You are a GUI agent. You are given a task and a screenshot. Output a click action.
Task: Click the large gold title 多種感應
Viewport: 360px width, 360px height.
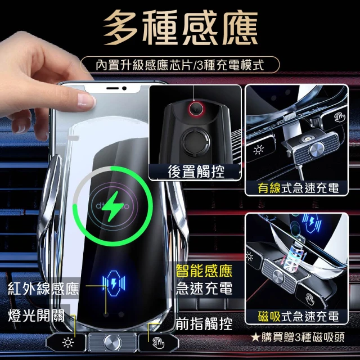pos(181,28)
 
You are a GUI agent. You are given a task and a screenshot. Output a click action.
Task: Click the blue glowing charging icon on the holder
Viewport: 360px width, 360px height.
pos(114,283)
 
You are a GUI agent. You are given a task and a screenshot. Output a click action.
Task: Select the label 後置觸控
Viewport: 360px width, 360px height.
pos(196,172)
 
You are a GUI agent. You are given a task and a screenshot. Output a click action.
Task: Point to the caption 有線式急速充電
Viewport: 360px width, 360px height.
pos(298,188)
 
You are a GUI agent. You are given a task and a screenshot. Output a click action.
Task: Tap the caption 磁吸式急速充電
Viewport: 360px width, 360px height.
pos(298,316)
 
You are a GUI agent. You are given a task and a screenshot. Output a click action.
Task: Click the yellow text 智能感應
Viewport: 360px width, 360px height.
pos(204,271)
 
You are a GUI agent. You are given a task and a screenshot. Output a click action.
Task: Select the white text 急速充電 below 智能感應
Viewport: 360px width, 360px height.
pos(204,289)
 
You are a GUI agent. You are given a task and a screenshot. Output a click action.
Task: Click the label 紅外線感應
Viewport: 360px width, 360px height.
pos(44,289)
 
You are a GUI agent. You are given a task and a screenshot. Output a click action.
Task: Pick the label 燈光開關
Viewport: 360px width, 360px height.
pos(36,316)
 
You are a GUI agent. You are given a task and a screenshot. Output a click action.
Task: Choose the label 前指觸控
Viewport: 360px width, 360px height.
pos(204,324)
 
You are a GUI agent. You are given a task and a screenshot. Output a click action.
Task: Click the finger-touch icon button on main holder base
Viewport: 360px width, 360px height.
pos(159,343)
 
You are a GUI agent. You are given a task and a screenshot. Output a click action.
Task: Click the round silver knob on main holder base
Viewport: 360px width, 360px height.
pos(112,343)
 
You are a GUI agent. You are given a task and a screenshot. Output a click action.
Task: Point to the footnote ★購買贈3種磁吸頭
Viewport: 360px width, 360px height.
pos(298,337)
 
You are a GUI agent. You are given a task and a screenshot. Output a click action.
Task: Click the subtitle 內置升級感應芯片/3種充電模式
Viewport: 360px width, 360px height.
pos(180,65)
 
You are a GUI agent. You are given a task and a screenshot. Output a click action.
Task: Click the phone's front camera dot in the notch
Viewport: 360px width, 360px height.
pos(124,88)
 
